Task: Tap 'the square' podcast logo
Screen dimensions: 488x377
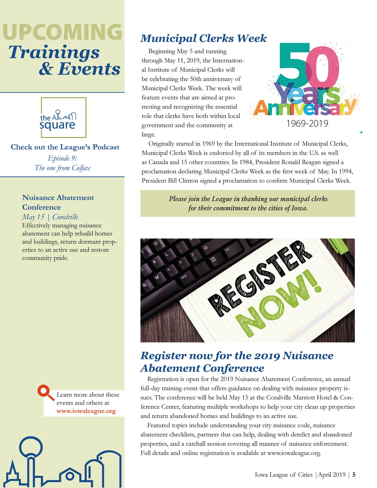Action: [63, 118]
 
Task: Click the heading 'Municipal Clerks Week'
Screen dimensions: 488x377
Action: [203, 38]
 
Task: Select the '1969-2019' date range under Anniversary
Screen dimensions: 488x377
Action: [307, 123]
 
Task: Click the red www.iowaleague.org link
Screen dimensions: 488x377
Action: [86, 411]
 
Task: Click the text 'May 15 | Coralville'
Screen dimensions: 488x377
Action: [50, 217]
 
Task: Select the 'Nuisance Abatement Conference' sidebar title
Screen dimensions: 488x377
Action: [58, 202]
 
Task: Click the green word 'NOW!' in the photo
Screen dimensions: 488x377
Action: [280, 305]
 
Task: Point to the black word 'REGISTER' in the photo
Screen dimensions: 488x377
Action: [261, 277]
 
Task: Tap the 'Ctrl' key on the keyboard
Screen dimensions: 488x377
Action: [227, 249]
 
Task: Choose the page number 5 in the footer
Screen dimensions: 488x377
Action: [354, 474]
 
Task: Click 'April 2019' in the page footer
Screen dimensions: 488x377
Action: [332, 474]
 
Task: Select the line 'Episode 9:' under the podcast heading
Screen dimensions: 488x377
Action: [63, 158]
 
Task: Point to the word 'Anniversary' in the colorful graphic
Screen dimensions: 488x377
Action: [304, 108]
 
